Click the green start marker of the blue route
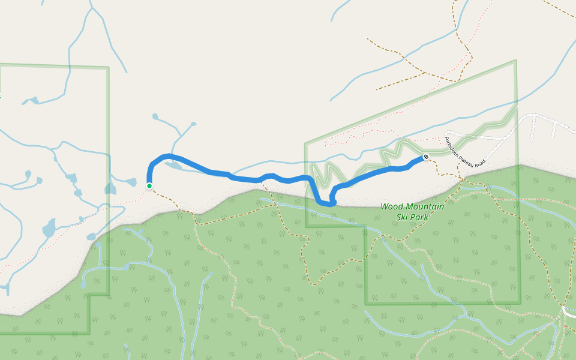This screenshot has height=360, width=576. pyautogui.click(x=149, y=186)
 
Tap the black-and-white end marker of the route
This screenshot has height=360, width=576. pyautogui.click(x=426, y=157)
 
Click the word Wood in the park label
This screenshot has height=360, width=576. pyautogui.click(x=391, y=207)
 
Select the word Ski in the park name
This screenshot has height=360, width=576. pyautogui.click(x=402, y=216)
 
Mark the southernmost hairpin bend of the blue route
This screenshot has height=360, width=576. pyautogui.click(x=328, y=204)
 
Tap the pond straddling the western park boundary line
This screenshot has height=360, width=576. pyautogui.click(x=110, y=189)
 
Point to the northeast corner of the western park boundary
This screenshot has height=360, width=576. pyautogui.click(x=109, y=67)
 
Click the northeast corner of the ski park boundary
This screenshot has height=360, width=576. pyautogui.click(x=515, y=61)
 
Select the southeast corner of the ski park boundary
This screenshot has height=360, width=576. pyautogui.click(x=520, y=302)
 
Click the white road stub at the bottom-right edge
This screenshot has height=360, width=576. pyautogui.click(x=569, y=312)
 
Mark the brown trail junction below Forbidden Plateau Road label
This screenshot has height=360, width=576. pyautogui.click(x=460, y=178)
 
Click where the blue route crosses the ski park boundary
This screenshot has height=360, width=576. pyautogui.click(x=307, y=178)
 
